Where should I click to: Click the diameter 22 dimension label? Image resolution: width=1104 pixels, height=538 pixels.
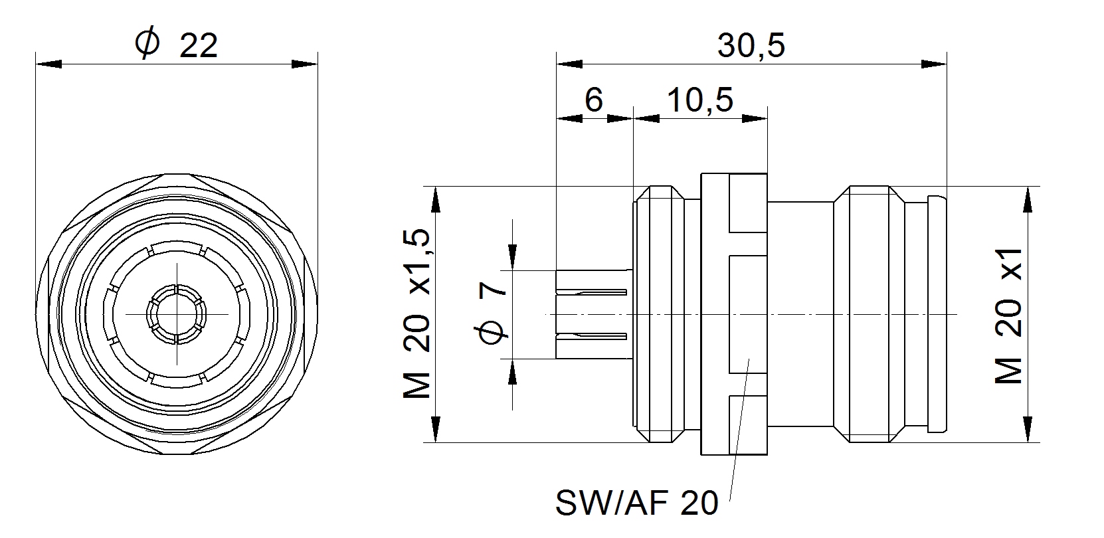tap(176, 45)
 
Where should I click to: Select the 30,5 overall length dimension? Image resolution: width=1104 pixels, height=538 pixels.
tap(751, 46)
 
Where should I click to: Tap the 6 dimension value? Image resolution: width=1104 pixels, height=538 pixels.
tap(593, 100)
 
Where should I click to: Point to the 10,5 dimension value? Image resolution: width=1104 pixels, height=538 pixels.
tap(699, 100)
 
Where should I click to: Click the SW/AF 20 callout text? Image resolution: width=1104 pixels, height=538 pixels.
tap(636, 503)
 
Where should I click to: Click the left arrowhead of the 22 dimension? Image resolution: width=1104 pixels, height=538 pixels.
tap(48, 64)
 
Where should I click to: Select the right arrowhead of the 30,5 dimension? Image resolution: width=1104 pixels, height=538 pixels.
tap(933, 64)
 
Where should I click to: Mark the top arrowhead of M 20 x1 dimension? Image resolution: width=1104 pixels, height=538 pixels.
tap(1028, 199)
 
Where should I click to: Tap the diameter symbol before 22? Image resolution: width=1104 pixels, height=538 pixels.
tap(147, 44)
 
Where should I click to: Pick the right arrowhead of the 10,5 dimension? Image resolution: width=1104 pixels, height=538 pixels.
tap(755, 119)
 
